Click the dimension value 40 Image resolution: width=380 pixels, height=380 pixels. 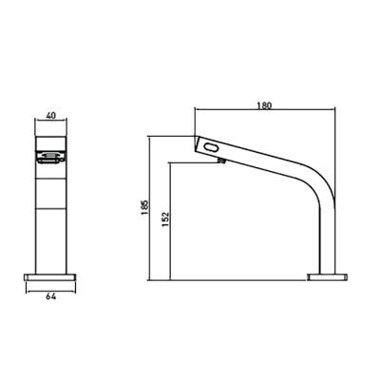click(51, 115)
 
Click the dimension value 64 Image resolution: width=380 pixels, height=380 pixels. click(51, 296)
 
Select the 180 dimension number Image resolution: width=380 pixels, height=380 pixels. click(265, 105)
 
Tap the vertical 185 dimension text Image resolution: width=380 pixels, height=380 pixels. click(144, 207)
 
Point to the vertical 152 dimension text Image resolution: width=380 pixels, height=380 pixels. click(166, 219)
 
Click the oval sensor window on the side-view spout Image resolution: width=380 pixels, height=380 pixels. click(212, 147)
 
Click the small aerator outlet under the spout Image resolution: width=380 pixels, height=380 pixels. click(222, 161)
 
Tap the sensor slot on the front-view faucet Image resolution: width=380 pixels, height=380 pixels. click(50, 157)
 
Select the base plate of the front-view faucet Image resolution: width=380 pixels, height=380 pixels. click(49, 277)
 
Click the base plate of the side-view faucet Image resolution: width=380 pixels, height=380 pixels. click(328, 277)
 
